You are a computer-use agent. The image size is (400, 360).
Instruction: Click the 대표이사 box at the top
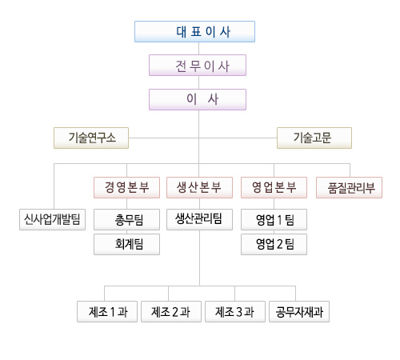click(194, 31)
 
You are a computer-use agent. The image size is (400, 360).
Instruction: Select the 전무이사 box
click(198, 66)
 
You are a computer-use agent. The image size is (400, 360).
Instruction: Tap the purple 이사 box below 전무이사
click(198, 99)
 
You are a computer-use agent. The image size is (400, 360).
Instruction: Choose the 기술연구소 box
click(91, 138)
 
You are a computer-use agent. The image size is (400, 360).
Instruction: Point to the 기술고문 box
click(314, 138)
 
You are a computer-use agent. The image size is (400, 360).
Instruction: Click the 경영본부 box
click(126, 187)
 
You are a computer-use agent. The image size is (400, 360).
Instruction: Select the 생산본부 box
click(199, 187)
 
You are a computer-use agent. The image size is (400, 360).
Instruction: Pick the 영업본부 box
click(274, 187)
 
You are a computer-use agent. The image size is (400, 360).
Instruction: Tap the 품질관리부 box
click(349, 187)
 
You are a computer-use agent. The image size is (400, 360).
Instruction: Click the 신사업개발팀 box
click(52, 219)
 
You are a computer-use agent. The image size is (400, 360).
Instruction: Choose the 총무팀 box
click(126, 219)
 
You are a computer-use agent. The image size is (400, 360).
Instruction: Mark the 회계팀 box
click(126, 244)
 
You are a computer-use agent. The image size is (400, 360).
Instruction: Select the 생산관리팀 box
click(199, 219)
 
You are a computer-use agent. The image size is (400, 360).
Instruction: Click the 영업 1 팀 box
click(274, 219)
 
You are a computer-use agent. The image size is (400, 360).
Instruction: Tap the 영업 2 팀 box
click(274, 244)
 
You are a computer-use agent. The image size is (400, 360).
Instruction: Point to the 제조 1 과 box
click(107, 311)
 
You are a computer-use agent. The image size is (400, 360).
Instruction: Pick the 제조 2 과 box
click(171, 311)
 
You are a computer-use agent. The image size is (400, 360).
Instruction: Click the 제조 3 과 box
click(235, 311)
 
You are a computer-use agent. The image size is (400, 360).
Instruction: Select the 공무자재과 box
click(299, 311)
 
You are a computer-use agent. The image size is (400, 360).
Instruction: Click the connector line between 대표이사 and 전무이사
click(198, 49)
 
